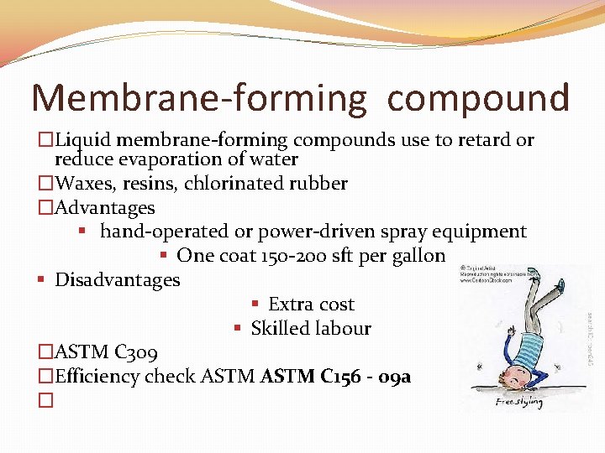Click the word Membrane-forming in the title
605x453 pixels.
pos(199,98)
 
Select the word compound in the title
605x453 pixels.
pos(478,98)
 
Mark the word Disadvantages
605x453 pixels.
pos(117,280)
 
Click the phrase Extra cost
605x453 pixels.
pos(311,305)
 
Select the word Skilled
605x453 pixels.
pos(282,329)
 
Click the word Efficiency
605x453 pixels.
pos(97,377)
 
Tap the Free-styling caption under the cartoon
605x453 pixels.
pos(518,402)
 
